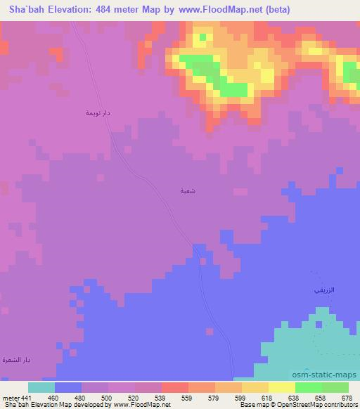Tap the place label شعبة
(x=186, y=190)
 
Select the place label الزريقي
(x=320, y=290)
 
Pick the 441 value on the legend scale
(x=26, y=397)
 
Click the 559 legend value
(x=186, y=397)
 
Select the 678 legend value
(x=347, y=397)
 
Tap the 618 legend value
(x=266, y=397)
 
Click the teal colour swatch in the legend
(x=41, y=387)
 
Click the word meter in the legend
(x=9, y=397)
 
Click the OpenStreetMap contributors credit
(x=316, y=405)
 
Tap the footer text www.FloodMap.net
(x=137, y=405)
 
